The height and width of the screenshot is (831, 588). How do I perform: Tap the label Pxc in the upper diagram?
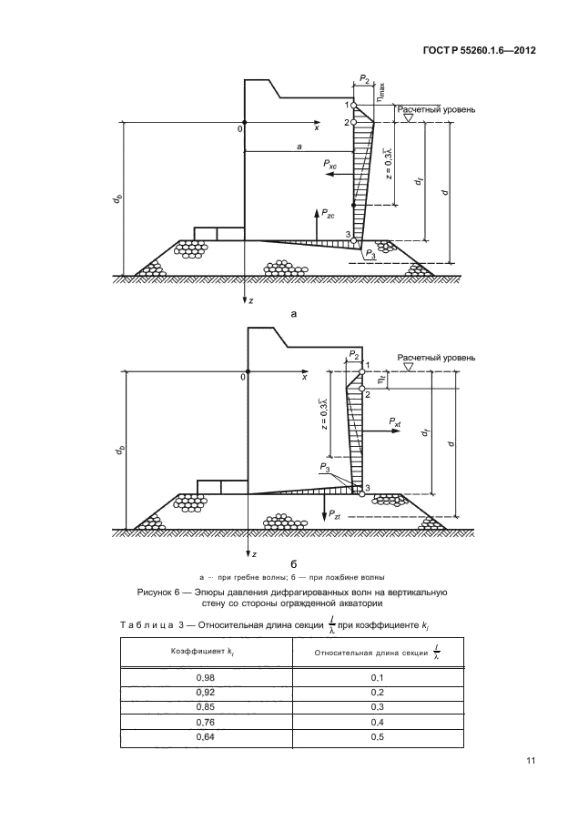point(331,167)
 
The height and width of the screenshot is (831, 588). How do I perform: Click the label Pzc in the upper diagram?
point(325,216)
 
